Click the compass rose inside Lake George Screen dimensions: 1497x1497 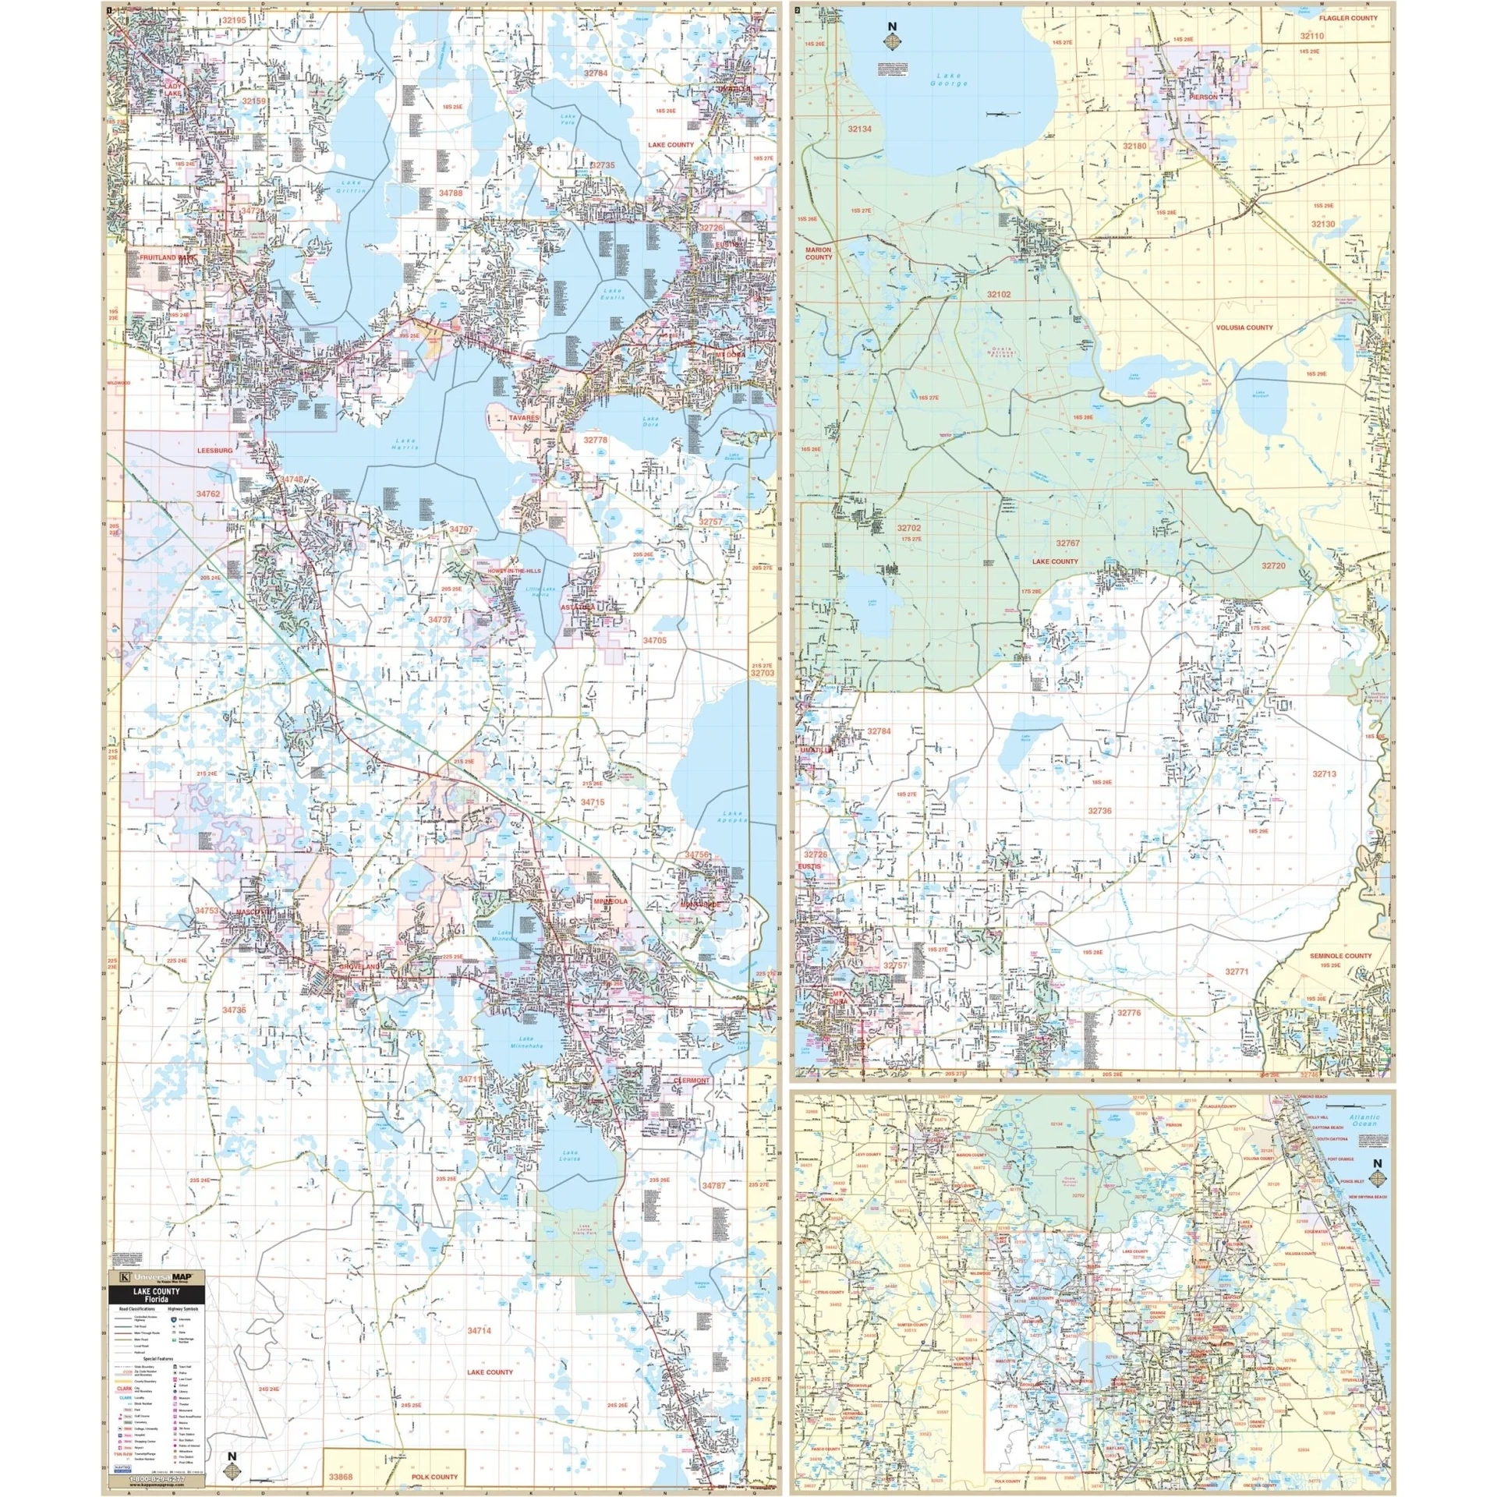click(x=892, y=38)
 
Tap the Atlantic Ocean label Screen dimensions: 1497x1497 click(x=1364, y=1120)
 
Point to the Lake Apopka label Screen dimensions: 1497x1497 click(x=735, y=817)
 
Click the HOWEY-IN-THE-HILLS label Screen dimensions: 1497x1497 click(x=514, y=572)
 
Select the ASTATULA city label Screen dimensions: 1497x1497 click(x=578, y=606)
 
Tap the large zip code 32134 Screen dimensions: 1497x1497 click(x=860, y=129)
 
